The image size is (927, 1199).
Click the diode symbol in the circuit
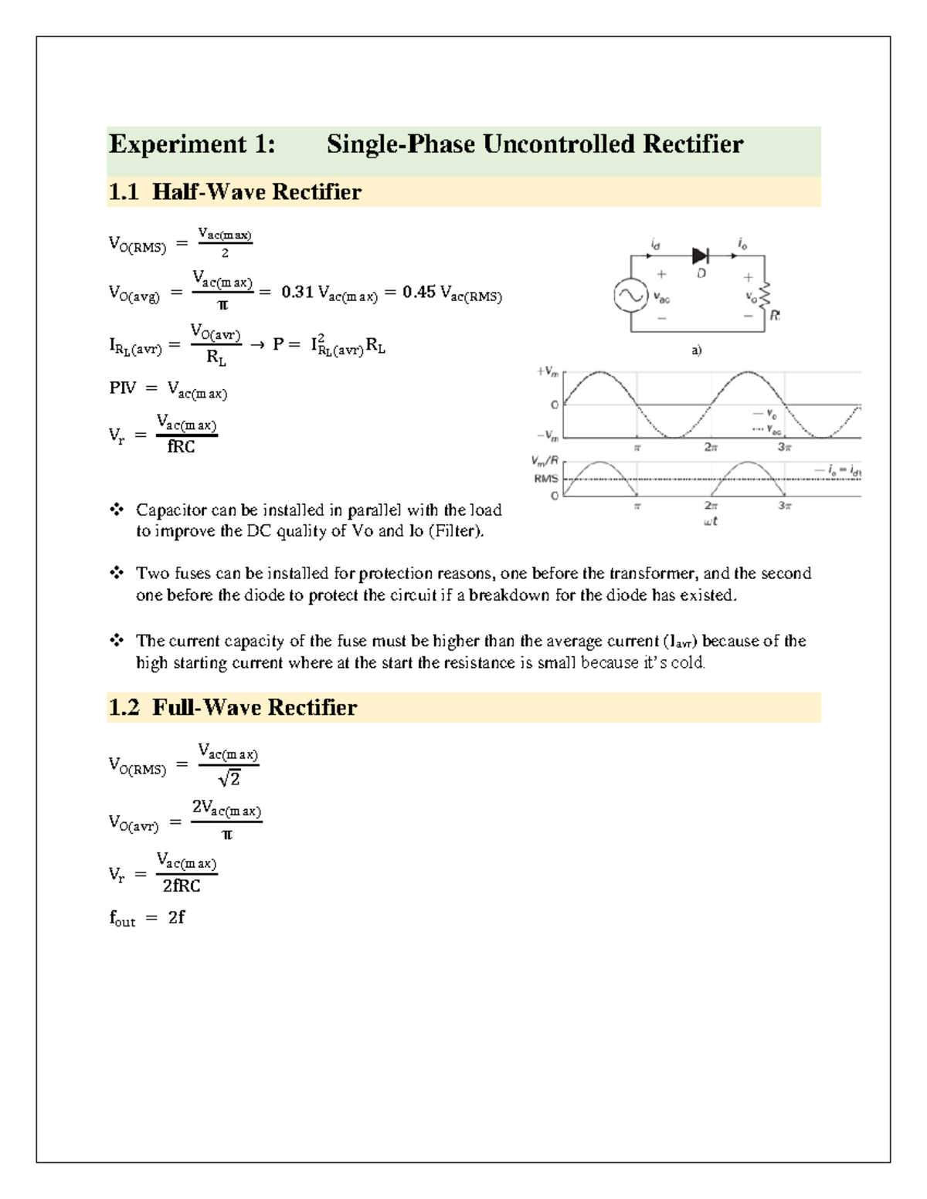click(701, 256)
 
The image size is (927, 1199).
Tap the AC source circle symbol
click(630, 296)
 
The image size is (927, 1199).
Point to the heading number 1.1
click(124, 191)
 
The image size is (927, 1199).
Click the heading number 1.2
click(124, 707)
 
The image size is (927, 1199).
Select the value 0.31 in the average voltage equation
click(297, 293)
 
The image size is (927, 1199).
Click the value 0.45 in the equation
click(419, 293)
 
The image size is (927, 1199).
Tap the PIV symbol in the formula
click(122, 388)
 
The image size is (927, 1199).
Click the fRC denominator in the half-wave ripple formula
click(182, 447)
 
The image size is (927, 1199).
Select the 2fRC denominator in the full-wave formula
click(182, 886)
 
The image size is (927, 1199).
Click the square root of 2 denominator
click(229, 780)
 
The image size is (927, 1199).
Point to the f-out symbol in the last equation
click(122, 919)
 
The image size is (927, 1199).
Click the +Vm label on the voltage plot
click(547, 371)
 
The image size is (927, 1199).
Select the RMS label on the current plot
click(545, 479)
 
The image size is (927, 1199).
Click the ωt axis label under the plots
click(711, 521)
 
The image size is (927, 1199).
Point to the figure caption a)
click(696, 350)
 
